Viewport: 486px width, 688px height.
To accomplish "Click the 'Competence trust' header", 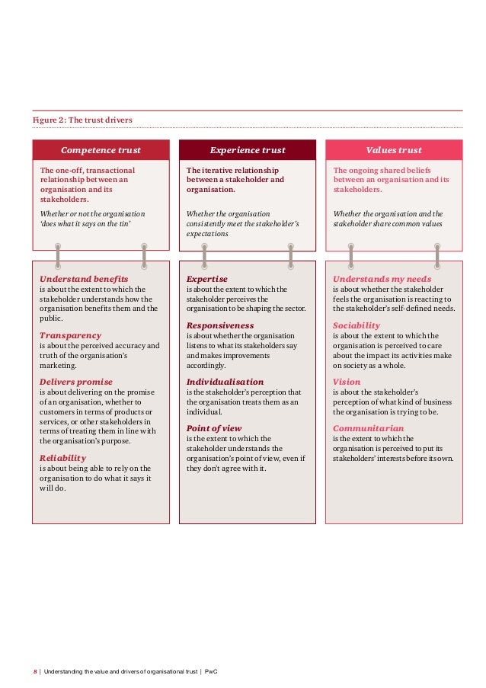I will point(101,150).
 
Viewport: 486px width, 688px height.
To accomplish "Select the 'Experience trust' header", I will point(248,150).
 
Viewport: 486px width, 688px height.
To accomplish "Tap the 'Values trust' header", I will point(394,150).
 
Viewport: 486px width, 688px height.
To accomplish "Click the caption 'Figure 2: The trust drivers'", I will point(82,120).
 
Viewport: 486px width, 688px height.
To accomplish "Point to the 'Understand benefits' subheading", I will point(84,280).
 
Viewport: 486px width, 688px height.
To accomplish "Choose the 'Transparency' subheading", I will point(70,335).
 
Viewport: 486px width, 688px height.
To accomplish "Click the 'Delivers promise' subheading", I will point(76,382).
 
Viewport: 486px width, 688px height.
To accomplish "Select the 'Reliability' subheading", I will point(68,458).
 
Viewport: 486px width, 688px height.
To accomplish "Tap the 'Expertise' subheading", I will point(207,280).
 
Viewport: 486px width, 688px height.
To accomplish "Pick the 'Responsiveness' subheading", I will point(221,325).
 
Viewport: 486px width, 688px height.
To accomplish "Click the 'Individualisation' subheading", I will point(225,382).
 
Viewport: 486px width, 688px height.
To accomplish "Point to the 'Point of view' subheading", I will point(214,428).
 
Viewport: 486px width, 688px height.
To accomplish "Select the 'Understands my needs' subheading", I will point(382,280).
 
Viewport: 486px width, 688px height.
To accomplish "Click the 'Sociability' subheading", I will point(357,325).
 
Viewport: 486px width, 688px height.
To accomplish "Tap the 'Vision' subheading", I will point(347,382).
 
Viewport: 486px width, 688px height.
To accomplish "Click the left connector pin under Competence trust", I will point(57,255).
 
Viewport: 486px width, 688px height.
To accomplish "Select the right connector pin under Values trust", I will point(436,255).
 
